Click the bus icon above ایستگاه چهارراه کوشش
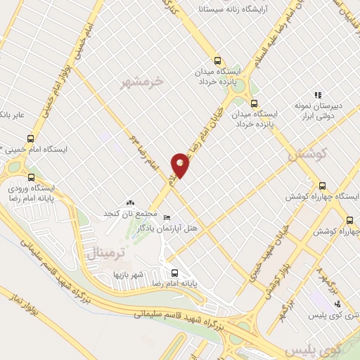pyautogui.click(x=322, y=186)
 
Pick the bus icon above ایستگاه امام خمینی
pyautogui.click(x=29, y=139)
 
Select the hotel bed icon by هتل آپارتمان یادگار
pyautogui.click(x=166, y=218)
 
